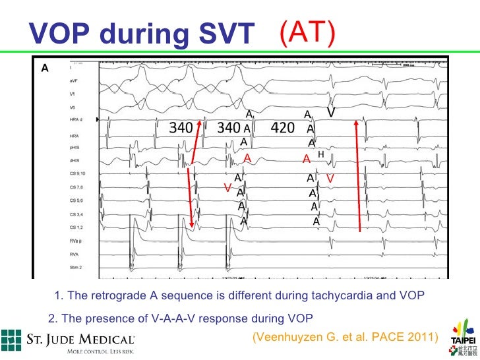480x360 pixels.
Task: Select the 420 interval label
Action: pyautogui.click(x=282, y=128)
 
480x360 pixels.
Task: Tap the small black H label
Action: pyautogui.click(x=321, y=154)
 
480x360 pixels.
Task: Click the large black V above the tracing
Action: pyautogui.click(x=332, y=113)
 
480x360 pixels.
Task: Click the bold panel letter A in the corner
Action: pyautogui.click(x=45, y=67)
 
